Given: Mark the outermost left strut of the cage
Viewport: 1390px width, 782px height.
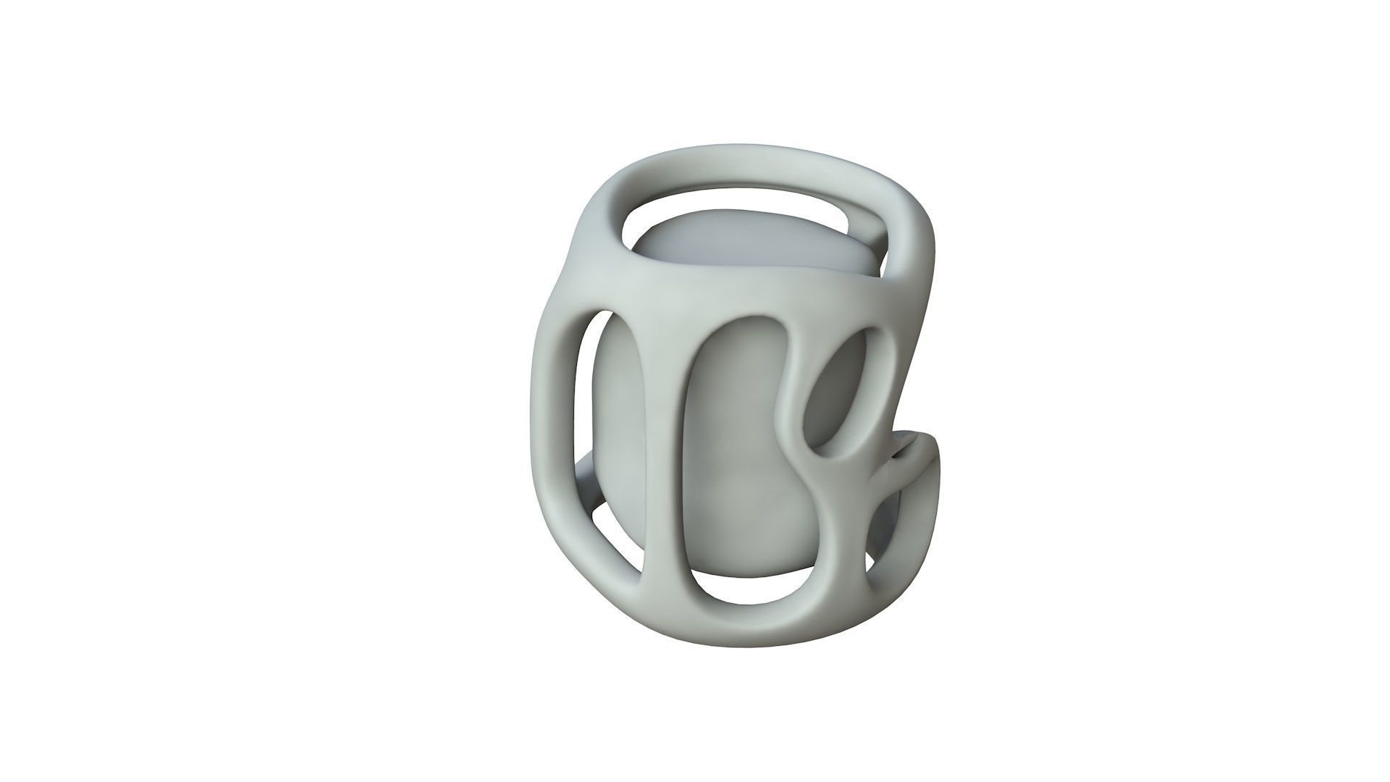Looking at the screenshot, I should pyautogui.click(x=550, y=434).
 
